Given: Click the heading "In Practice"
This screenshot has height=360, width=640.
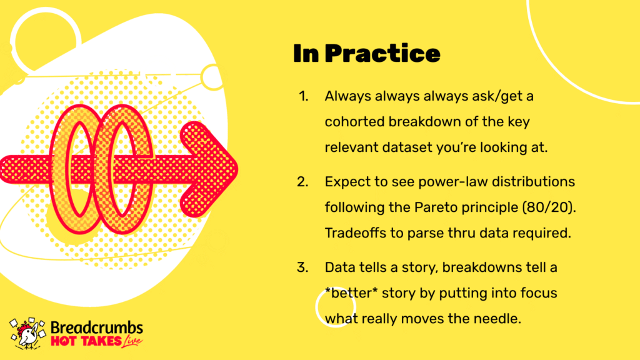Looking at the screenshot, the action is click(366, 54).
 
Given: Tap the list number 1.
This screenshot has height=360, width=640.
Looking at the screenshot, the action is click(303, 96).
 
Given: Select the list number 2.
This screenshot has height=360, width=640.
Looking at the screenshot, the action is click(302, 182).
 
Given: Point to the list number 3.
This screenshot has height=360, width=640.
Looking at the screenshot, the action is click(302, 267).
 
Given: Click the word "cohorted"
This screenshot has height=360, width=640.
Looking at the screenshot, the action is click(354, 122).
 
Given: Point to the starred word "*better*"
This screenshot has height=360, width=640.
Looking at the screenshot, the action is click(351, 293).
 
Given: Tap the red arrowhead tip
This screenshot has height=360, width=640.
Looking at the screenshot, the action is click(237, 169).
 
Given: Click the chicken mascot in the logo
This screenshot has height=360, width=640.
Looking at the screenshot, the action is click(27, 334).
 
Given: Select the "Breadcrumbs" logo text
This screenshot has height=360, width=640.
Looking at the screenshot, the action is click(97, 327).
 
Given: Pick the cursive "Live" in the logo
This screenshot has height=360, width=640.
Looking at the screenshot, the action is click(132, 342).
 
